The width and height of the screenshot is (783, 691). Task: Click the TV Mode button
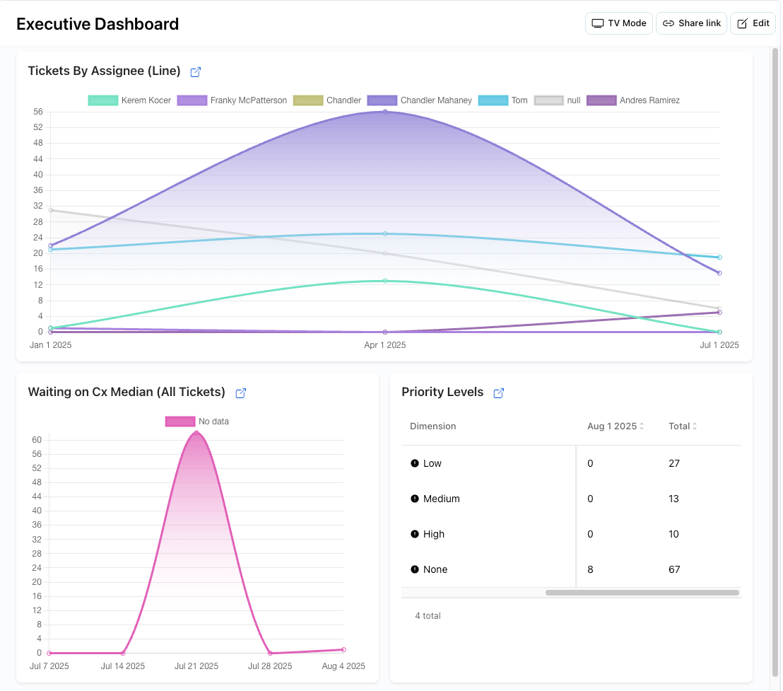pos(618,23)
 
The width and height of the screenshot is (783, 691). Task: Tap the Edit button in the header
pos(753,23)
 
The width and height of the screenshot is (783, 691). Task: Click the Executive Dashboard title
pos(98,24)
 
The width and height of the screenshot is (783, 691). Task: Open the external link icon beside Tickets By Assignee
pos(196,71)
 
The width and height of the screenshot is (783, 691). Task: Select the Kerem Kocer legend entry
pos(129,100)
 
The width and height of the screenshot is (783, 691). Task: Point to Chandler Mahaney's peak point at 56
pos(385,112)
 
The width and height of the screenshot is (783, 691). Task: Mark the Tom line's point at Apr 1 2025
pos(385,233)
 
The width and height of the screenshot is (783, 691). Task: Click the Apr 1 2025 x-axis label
pos(385,345)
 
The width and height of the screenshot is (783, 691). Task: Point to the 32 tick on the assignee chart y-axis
pos(37,207)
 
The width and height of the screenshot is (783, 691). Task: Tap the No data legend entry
pos(197,422)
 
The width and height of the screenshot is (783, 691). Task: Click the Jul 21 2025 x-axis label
pos(196,666)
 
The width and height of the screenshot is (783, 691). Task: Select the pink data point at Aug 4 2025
pos(343,649)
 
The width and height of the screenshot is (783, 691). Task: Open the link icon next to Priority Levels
pos(498,393)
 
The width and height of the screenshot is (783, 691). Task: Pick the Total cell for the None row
pos(674,569)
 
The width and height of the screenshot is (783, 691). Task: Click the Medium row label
pos(441,499)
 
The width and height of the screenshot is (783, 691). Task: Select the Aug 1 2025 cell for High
pos(591,534)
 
